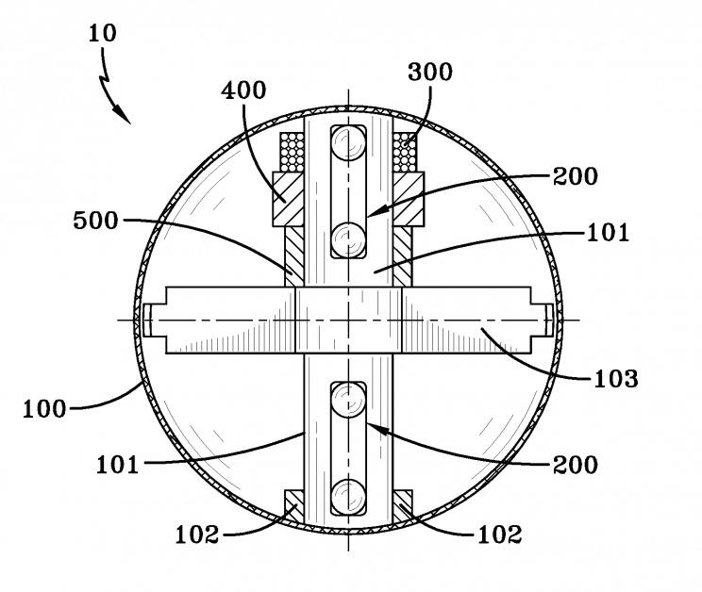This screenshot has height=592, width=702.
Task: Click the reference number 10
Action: [x=103, y=33]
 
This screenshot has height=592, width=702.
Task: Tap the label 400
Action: [x=243, y=90]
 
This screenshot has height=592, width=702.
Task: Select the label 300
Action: [x=430, y=72]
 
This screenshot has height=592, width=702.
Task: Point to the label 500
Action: [x=96, y=221]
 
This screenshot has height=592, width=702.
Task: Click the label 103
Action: [x=616, y=379]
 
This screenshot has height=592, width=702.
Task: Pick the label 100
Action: [x=44, y=409]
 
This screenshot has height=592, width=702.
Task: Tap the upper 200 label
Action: [x=576, y=176]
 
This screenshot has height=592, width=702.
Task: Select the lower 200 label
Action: [x=576, y=465]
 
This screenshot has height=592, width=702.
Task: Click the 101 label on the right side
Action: [x=608, y=233]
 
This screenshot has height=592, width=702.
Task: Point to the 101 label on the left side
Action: [x=118, y=465]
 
